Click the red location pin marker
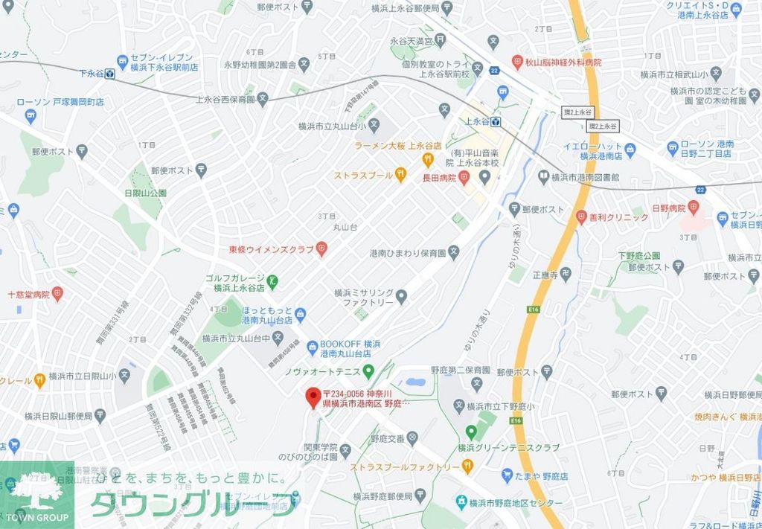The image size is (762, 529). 313,397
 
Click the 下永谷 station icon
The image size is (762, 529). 109,74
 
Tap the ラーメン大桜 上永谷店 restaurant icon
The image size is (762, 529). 428,159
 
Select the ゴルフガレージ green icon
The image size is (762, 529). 273,280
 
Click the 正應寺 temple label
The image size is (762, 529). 544,275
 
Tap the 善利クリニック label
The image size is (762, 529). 619,217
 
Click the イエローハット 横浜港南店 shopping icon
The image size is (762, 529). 630,150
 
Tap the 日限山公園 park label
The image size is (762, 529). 146,193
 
